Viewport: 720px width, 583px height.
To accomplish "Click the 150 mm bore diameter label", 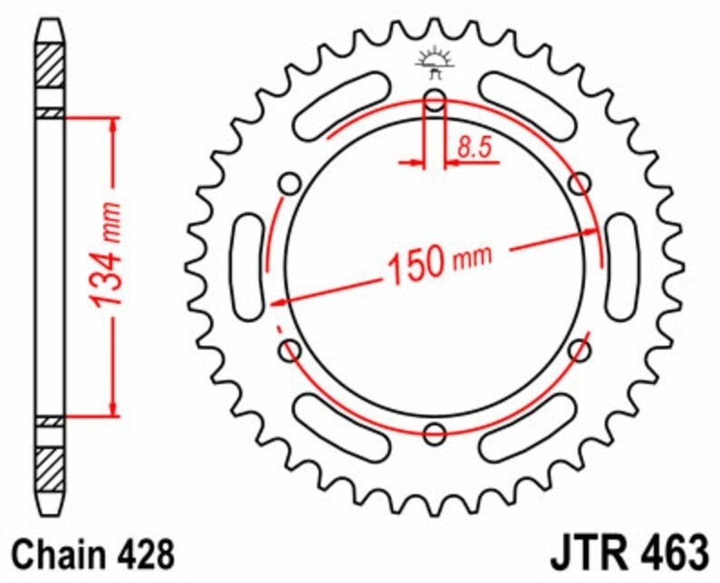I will tap(439, 263).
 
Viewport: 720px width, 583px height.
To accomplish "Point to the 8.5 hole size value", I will tap(478, 147).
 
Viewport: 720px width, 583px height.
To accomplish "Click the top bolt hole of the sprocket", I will tap(435, 99).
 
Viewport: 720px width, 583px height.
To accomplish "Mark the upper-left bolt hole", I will tap(290, 184).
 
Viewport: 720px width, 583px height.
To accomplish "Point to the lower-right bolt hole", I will tap(580, 349).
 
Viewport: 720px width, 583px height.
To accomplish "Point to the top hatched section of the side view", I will tap(51, 66).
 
